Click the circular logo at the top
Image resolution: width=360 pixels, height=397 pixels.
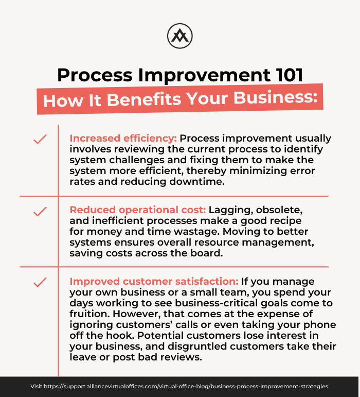coord(180,36)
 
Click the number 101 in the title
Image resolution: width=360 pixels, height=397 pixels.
coord(290,75)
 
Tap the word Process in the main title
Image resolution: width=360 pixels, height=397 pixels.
coord(95,75)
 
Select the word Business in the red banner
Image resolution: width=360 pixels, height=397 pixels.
coord(275,97)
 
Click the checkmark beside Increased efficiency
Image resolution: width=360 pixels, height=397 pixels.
coord(40,139)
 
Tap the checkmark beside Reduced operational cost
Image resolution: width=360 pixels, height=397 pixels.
coord(40,212)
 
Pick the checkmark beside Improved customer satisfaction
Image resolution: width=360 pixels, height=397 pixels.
coord(40,282)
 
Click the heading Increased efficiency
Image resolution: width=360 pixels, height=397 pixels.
coord(123,139)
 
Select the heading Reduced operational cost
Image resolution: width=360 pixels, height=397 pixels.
coord(138,210)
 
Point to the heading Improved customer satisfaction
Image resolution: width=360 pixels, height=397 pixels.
coord(154,281)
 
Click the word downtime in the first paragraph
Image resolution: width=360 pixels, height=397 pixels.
coord(197,182)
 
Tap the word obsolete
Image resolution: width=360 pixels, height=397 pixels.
coord(279,210)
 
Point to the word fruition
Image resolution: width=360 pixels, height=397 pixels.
coord(90,314)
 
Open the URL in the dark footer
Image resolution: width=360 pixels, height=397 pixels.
coord(186,386)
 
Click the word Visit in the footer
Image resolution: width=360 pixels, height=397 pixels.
coord(37,386)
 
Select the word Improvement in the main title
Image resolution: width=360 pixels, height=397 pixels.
coord(204,75)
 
